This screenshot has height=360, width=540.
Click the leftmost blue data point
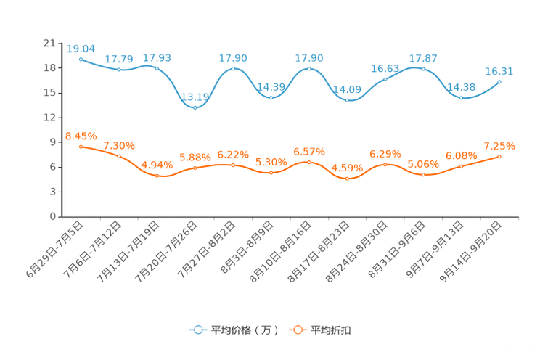(81, 59)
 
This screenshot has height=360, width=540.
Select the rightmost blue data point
(499, 81)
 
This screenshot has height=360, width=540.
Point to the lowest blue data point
(195, 107)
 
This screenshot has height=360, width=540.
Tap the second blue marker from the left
(118, 70)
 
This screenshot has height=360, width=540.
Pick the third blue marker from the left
(157, 68)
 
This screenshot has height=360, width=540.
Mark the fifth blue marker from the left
(233, 68)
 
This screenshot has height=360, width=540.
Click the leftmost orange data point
(81, 147)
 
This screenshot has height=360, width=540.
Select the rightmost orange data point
(499, 156)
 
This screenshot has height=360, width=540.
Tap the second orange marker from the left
(118, 156)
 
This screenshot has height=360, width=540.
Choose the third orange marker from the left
(157, 175)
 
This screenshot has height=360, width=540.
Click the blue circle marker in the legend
(197, 330)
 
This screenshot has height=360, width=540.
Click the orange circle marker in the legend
(297, 330)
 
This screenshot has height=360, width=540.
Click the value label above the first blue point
(81, 48)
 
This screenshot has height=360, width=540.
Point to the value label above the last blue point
(499, 70)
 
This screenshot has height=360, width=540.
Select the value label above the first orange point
(81, 136)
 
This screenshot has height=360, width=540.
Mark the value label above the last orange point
(499, 146)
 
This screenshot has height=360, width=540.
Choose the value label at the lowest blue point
(195, 97)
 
